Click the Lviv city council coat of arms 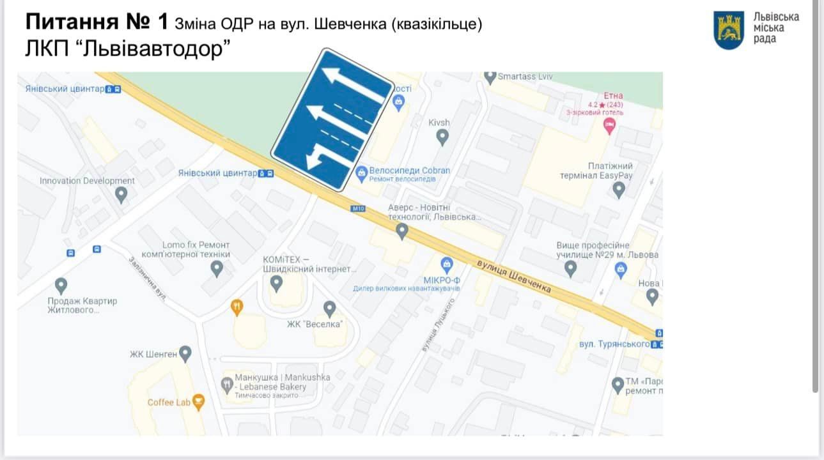coord(729,30)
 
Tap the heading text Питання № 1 coord(97,22)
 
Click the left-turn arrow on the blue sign coord(319,156)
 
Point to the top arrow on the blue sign coord(355,84)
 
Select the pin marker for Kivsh coord(442,137)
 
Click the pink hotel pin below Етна coord(609,126)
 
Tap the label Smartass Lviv coord(525,76)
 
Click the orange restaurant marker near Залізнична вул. coord(237,307)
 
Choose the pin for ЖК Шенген coord(185,353)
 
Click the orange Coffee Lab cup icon coord(199,402)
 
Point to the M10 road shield coord(358,208)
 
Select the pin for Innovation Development coord(121,195)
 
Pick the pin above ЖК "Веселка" coord(329,309)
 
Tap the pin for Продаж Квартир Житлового coord(61,285)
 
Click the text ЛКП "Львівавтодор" coord(127,49)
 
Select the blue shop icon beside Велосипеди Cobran coord(361,171)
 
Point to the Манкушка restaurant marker coord(227,384)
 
